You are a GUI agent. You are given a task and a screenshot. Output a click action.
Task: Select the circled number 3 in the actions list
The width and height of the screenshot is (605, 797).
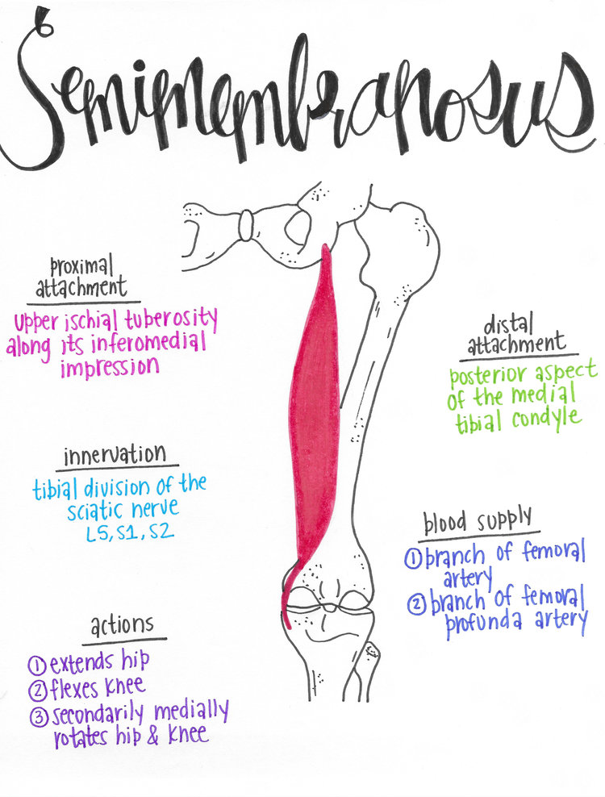click(x=37, y=716)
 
